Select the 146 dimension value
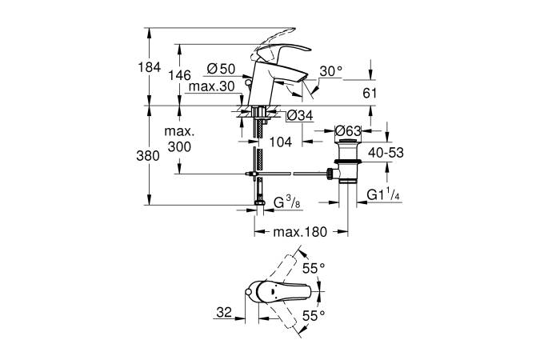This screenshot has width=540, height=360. (x=182, y=74)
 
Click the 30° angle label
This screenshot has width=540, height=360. (x=330, y=71)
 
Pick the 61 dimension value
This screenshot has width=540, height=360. (x=370, y=93)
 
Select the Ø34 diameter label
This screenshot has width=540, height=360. (x=298, y=116)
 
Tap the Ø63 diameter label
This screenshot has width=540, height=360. (x=350, y=130)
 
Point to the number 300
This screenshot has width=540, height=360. (x=181, y=146)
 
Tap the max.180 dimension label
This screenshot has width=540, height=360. (x=300, y=232)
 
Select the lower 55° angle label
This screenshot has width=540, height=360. (x=313, y=317)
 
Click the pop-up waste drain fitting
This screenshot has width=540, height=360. (x=348, y=164)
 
